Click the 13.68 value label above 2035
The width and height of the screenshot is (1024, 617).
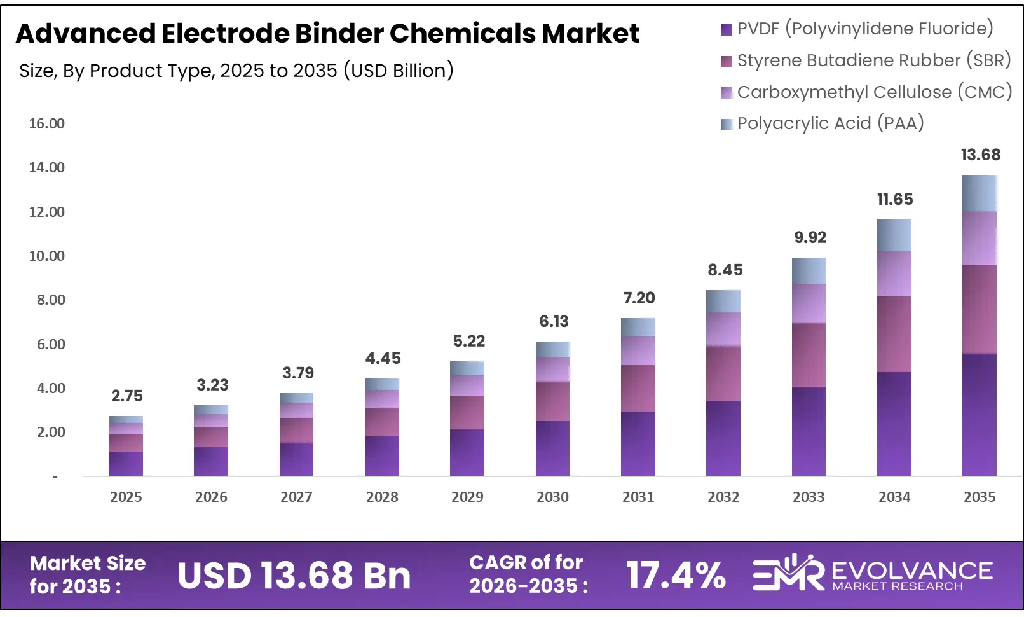coord(980,155)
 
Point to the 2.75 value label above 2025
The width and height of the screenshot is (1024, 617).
coord(127,396)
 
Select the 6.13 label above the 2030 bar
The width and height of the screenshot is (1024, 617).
coord(554,322)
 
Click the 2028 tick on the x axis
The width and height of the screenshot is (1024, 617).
coord(382,497)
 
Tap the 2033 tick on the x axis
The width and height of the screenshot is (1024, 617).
coord(809,497)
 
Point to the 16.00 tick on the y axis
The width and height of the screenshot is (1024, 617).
coord(47,124)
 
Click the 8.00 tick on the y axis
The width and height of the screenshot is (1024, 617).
coord(51,300)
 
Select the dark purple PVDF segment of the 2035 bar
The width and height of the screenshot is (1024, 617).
coord(980,413)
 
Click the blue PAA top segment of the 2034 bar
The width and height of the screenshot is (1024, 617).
coord(894,235)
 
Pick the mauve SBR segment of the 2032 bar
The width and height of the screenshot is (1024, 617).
coord(723,373)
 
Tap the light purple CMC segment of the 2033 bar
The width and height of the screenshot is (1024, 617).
coord(809,303)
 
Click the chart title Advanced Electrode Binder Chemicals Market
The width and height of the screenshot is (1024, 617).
coord(327,34)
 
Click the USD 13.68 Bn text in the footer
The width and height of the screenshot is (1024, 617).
coord(294,576)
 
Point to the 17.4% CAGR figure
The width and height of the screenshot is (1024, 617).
coord(676,576)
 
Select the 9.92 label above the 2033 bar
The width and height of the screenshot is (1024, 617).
coord(810,238)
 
